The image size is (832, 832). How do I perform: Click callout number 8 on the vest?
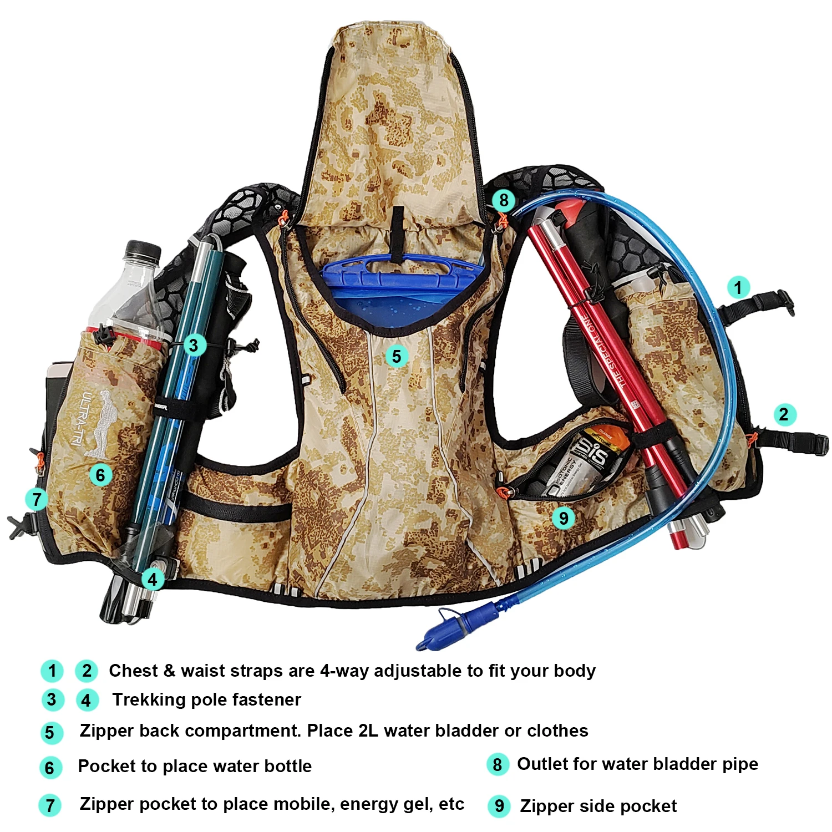[503, 200]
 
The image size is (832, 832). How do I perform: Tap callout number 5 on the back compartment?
[397, 356]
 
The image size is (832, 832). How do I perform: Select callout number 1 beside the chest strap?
[738, 288]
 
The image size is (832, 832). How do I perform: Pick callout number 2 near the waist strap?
[783, 414]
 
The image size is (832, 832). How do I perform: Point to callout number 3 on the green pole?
[193, 345]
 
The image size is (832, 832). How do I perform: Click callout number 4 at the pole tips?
[153, 580]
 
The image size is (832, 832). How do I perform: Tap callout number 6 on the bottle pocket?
[100, 475]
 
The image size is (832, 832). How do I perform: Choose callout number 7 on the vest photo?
[37, 499]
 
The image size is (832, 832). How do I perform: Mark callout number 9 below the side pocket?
[564, 518]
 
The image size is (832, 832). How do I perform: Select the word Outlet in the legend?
[542, 764]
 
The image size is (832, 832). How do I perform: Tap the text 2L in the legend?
[368, 731]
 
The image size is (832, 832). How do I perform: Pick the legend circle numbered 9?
[499, 806]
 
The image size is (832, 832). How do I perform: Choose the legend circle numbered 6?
[50, 768]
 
